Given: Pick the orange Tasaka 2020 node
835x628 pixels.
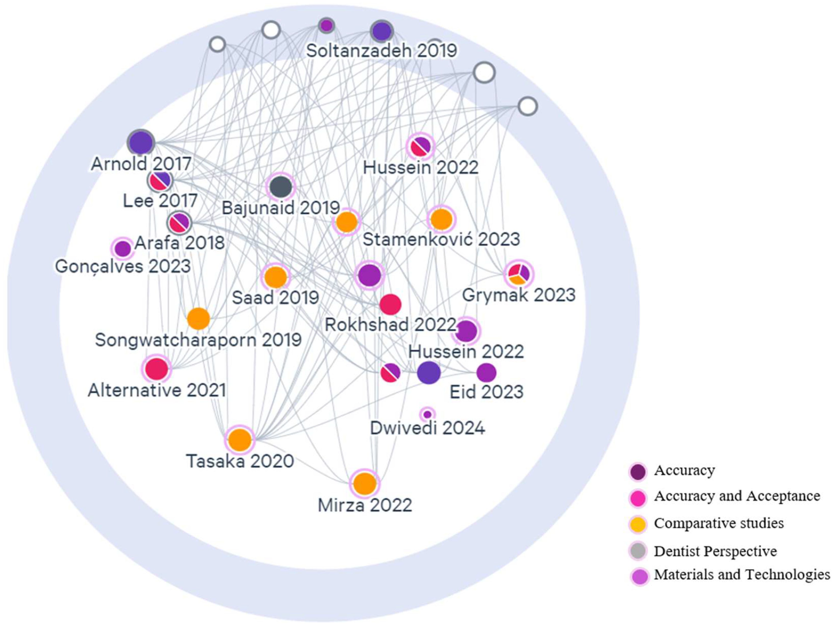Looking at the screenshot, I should click(x=240, y=440).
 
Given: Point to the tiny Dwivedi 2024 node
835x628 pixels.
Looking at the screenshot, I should click(x=427, y=415).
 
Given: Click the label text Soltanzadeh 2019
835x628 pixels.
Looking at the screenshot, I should click(x=381, y=50).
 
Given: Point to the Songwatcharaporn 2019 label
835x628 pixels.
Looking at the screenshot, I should click(x=198, y=340).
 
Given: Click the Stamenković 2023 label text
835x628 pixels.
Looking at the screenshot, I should click(x=441, y=239).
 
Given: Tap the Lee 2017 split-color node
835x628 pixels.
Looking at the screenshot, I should click(x=160, y=181).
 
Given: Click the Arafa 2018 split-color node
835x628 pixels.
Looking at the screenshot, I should click(x=179, y=222).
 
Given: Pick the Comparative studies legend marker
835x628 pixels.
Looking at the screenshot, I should click(x=638, y=524).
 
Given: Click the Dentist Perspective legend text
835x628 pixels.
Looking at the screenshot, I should click(x=715, y=551).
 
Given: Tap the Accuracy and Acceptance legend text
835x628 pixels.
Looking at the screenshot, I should click(x=737, y=496).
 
